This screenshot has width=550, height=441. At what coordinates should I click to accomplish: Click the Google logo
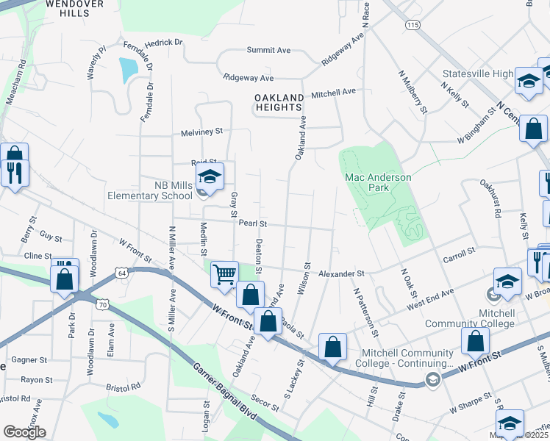coord(24,432)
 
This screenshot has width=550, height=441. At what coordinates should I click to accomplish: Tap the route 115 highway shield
coord(413,24)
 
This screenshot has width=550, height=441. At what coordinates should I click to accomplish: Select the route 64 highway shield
coord(121,273)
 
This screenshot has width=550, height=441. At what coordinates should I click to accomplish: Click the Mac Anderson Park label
coord(379,182)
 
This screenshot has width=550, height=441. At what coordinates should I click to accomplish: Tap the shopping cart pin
coord(224,275)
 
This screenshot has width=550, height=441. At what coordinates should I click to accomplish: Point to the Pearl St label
coord(251,223)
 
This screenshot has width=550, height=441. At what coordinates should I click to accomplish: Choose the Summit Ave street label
coord(268,50)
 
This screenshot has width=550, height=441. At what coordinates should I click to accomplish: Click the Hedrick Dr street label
coord(163,43)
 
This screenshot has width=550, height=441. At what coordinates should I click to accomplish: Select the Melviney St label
coord(201,132)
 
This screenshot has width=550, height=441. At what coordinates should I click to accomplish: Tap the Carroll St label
coord(460,260)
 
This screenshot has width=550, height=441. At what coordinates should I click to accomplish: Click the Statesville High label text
coord(477,74)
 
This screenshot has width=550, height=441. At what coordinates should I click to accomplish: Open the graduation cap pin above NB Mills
coord(210,176)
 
